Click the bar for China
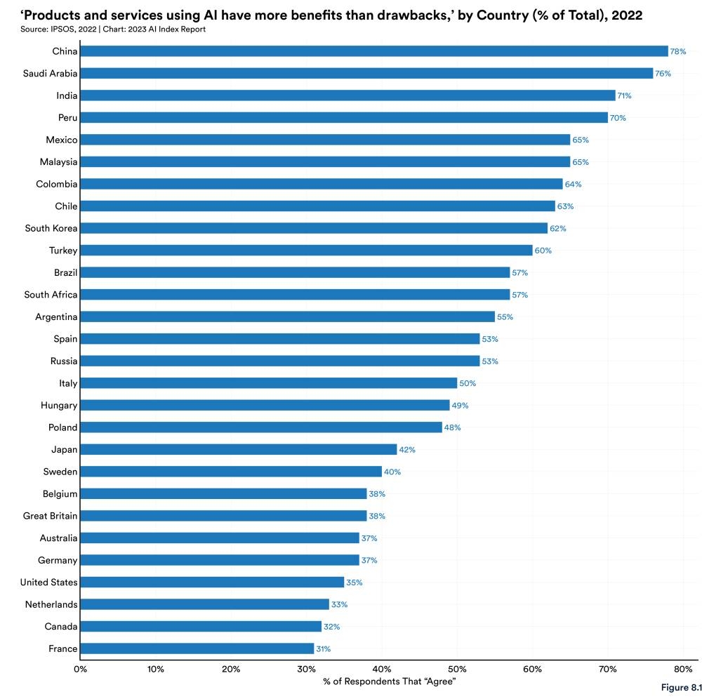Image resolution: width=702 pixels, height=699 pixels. tap(373, 51)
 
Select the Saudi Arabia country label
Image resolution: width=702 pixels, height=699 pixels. tap(49, 73)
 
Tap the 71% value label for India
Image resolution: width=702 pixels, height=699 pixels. tap(625, 95)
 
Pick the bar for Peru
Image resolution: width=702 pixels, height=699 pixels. tap(344, 117)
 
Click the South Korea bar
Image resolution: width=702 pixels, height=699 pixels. tap(314, 228)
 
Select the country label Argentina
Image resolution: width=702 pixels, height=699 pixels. tap(56, 317)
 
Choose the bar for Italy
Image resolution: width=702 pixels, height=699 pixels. tap(268, 383)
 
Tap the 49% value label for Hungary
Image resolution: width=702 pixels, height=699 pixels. tap(460, 406)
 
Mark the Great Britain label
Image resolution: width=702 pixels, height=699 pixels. tap(50, 516)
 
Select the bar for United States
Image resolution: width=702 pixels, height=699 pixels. tap(212, 582)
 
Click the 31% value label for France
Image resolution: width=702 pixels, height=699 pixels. tap(323, 649)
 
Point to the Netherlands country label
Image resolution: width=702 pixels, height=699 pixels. tap(51, 604)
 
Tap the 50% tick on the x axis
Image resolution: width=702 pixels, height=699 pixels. tap(457, 669)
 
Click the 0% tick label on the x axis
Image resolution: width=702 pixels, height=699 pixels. tap(80, 669)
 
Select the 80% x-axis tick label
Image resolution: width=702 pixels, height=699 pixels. tap(683, 669)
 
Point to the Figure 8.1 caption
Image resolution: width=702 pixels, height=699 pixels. tap(680, 688)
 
